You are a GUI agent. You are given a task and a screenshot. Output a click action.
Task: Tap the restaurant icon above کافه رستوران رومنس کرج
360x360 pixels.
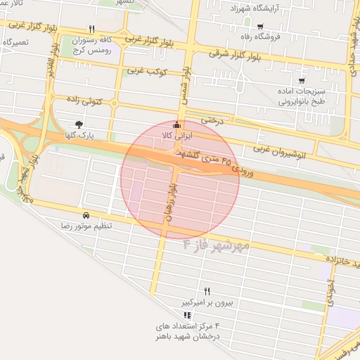coord(91,30)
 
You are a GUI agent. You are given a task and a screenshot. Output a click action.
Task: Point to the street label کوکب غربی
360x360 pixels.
coord(146,71)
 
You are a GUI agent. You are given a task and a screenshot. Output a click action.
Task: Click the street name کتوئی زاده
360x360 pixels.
coord(89,103)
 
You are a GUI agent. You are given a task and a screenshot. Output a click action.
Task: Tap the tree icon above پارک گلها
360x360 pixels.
coord(86,124)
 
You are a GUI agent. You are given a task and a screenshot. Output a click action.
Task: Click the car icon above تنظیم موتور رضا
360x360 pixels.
coord(86,215)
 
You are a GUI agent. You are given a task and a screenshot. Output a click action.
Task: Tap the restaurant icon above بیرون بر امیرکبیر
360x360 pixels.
coord(207,291)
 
